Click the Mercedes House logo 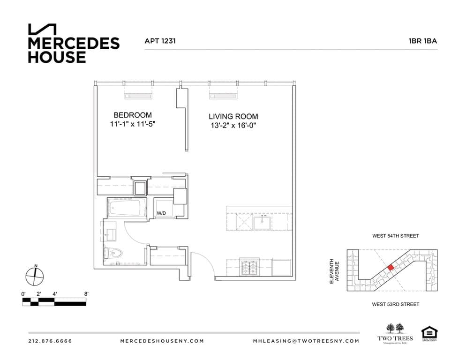click(x=74, y=44)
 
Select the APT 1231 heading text click(x=160, y=41)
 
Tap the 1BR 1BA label click(x=422, y=41)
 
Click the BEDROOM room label click(x=133, y=115)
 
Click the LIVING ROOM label click(x=233, y=116)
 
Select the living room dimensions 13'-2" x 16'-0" click(x=233, y=126)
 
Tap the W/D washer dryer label click(x=161, y=213)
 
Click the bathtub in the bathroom click(x=126, y=208)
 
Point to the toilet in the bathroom click(x=114, y=254)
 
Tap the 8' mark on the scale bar click(x=86, y=294)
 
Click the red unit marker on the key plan click(x=391, y=267)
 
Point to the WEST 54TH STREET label click(x=395, y=236)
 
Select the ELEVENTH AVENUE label click(x=333, y=272)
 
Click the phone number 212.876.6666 click(x=50, y=341)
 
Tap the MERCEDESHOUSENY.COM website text click(x=162, y=341)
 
